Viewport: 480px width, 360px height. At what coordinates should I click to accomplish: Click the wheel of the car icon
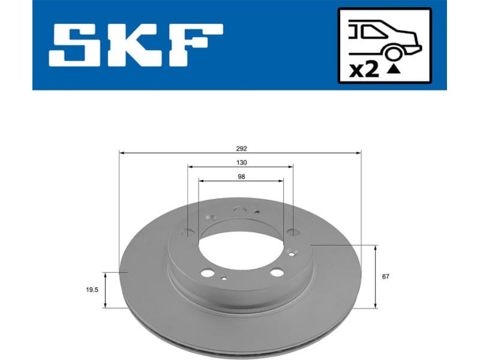click(x=393, y=54)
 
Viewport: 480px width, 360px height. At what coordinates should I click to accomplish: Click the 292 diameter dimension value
click(x=241, y=147)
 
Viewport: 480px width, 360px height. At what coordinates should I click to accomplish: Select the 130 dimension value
click(x=241, y=162)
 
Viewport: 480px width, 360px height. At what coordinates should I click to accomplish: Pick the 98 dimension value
click(x=241, y=176)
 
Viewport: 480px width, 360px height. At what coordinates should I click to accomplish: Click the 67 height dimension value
click(x=386, y=277)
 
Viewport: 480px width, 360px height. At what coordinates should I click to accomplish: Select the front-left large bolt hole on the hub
click(x=206, y=273)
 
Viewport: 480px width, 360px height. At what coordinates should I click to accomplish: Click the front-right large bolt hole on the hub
click(x=276, y=272)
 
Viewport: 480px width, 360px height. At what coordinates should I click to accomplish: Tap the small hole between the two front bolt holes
click(x=224, y=277)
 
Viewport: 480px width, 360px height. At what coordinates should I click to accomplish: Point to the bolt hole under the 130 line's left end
click(x=189, y=232)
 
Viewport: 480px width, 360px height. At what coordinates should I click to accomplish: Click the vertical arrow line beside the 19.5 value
click(x=105, y=290)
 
